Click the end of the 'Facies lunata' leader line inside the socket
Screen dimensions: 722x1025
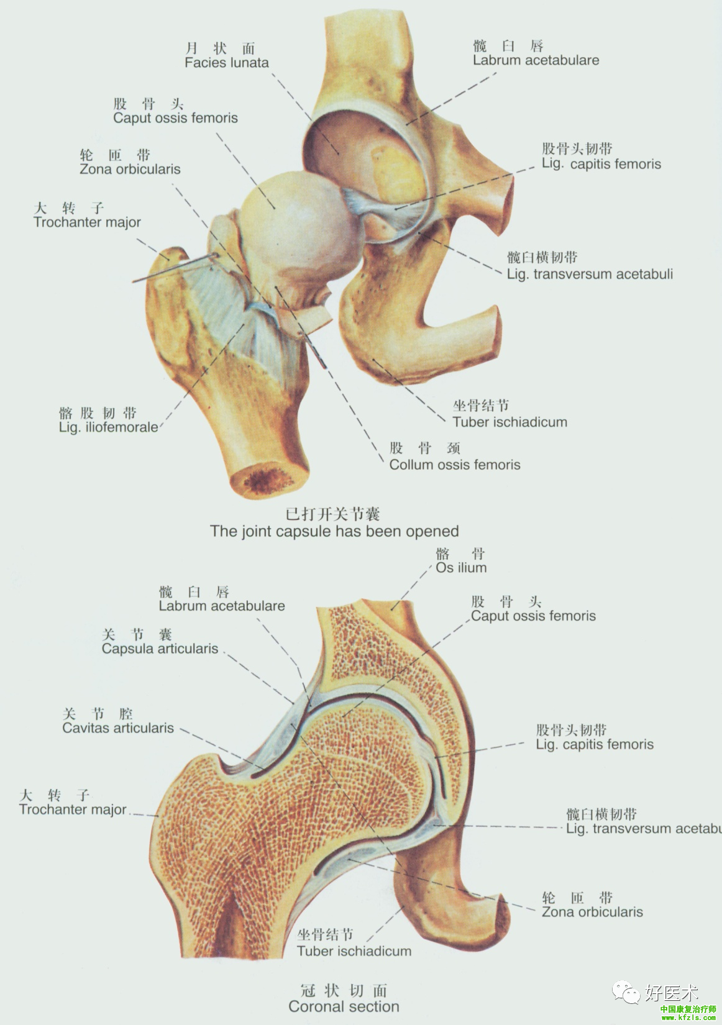pyautogui.click(x=339, y=154)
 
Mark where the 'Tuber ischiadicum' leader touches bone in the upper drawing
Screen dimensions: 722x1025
pyautogui.click(x=372, y=359)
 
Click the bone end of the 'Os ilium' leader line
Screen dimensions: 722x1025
pyautogui.click(x=392, y=610)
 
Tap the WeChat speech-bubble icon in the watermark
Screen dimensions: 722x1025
pyautogui.click(x=626, y=991)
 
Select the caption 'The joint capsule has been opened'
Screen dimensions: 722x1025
pyautogui.click(x=334, y=531)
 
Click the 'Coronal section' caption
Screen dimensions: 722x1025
pyautogui.click(x=344, y=1007)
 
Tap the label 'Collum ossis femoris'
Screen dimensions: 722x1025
pyautogui.click(x=455, y=465)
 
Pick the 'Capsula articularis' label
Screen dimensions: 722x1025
pyautogui.click(x=160, y=649)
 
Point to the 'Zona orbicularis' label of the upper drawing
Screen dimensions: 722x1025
pyautogui.click(x=130, y=170)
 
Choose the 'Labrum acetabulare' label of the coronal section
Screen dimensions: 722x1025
pyautogui.click(x=222, y=606)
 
